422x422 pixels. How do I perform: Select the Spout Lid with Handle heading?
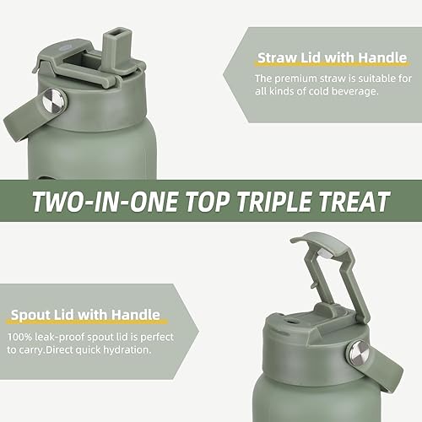(x=84, y=316)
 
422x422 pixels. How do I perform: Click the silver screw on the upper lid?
(x=53, y=102)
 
